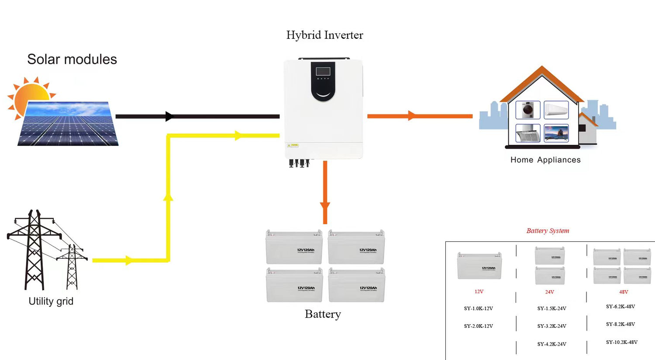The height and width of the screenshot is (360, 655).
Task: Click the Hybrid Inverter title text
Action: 324,35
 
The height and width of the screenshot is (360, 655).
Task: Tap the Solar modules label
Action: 72,59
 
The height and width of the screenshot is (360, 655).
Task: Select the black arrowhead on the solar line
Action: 169,117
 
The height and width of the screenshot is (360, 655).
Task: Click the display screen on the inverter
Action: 323,71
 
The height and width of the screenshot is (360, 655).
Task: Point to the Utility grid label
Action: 51,301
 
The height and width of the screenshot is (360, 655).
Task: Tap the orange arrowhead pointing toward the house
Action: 411,116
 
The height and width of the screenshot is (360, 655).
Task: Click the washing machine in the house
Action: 527,110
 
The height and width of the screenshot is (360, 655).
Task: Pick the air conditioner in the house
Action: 556,110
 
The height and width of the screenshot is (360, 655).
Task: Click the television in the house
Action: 556,133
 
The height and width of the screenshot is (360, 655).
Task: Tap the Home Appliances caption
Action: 545,160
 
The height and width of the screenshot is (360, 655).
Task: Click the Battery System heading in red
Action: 548,230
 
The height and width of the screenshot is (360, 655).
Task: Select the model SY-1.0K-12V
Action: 478,309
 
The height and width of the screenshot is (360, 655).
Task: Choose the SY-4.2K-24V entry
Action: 552,344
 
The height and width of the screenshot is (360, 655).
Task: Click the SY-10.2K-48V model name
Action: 621,342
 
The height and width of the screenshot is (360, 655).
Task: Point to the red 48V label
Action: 623,292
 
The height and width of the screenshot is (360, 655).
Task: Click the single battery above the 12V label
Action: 479,266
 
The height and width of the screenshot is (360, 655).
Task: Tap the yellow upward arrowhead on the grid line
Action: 168,197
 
